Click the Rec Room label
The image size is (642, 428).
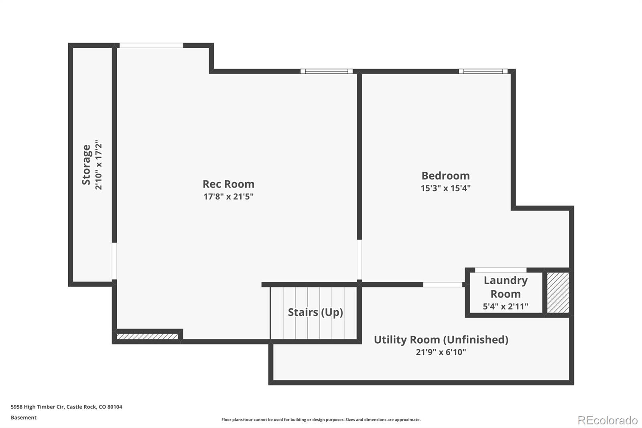coord(228,184)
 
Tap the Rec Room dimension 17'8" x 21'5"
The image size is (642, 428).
coord(228,196)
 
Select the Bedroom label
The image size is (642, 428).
coord(445,175)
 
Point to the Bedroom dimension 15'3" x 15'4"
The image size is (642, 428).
coord(445,188)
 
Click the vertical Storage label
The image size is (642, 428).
coord(86,165)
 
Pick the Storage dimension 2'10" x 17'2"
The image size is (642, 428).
coord(98,165)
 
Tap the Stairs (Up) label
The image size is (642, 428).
coord(315,312)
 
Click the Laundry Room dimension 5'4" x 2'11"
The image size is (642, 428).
coord(505,306)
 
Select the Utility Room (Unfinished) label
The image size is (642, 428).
coord(441,340)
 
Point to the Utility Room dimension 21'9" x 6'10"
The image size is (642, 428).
coord(441,352)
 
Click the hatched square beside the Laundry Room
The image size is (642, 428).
coord(558,293)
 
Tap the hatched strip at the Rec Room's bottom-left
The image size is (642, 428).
coord(147,336)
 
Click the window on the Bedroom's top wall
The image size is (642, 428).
coord(483,71)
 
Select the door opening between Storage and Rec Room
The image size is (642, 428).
coord(114,261)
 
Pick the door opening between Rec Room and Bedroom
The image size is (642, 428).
coord(359,260)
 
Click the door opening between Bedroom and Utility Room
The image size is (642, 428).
coord(443,285)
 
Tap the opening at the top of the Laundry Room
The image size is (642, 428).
coord(501,270)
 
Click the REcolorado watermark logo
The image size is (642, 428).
coord(607,420)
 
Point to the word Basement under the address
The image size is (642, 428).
coord(24,418)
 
